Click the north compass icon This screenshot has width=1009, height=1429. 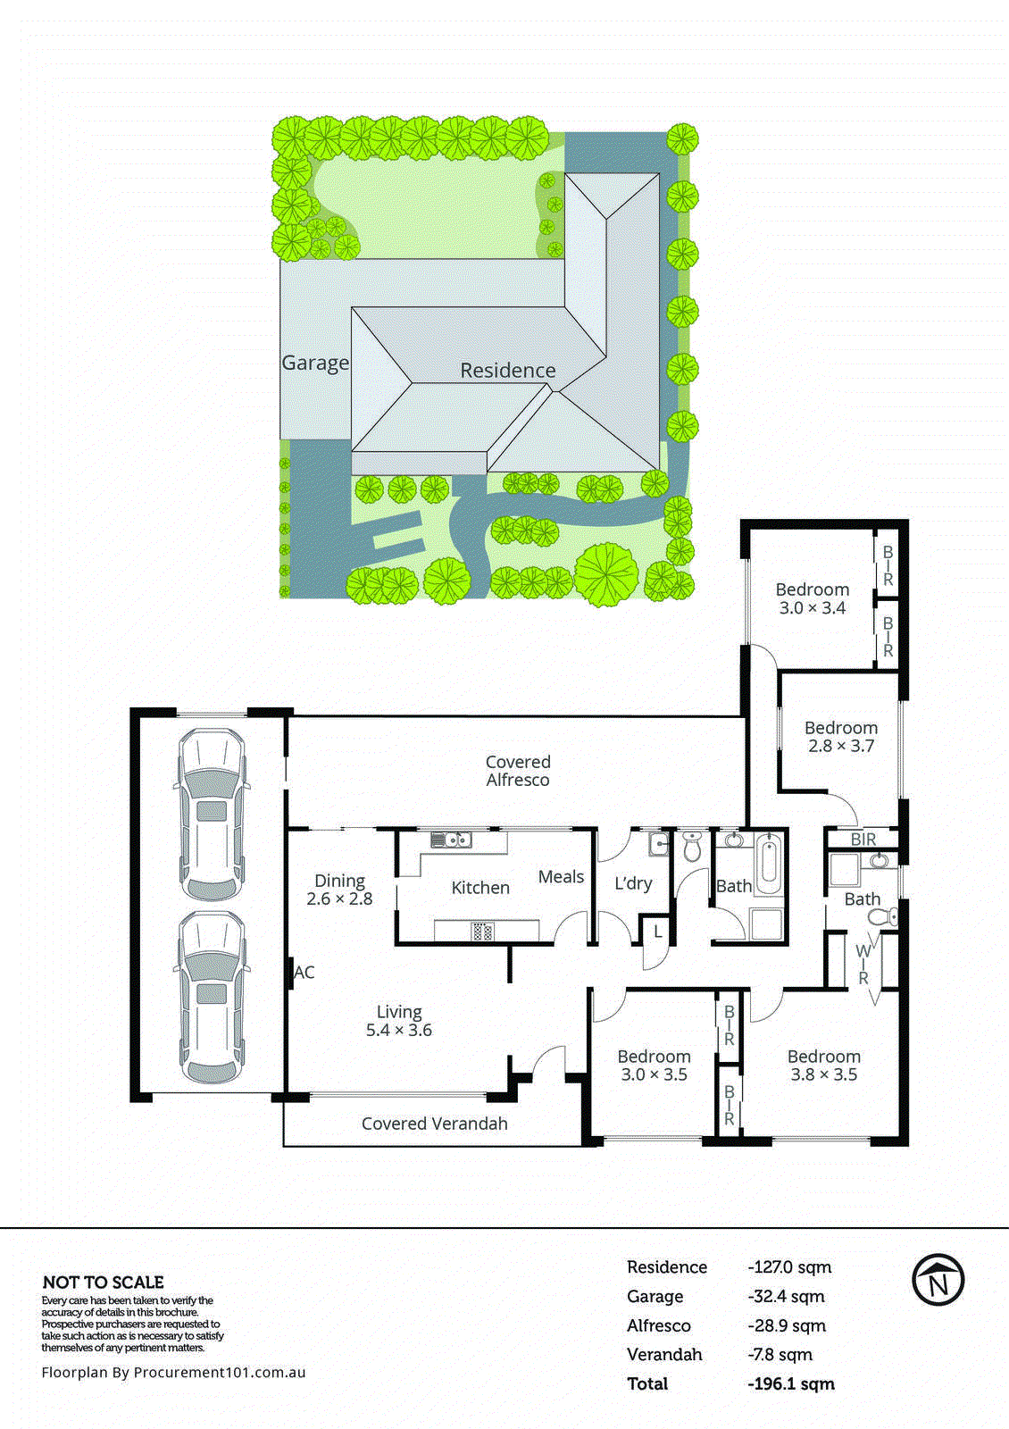[938, 1280]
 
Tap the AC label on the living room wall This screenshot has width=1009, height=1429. [304, 973]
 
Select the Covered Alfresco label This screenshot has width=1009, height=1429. [518, 771]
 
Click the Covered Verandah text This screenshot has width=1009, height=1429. [434, 1124]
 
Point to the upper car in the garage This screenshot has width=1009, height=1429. [212, 815]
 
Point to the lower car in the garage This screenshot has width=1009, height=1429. [212, 997]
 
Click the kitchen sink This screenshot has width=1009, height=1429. [451, 840]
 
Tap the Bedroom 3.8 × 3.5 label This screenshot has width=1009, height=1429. [823, 1065]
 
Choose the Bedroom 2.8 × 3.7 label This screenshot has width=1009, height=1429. [840, 737]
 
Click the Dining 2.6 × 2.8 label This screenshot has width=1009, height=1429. [339, 890]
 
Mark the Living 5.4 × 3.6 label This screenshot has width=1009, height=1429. [398, 1021]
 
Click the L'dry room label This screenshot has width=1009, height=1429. [633, 883]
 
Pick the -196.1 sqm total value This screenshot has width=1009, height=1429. [791, 1383]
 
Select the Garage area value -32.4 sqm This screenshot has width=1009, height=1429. [786, 1296]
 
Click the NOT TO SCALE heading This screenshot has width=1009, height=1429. [104, 1282]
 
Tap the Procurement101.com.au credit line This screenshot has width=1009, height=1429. [173, 1372]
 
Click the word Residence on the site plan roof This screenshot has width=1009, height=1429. [507, 370]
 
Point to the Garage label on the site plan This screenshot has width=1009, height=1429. [315, 363]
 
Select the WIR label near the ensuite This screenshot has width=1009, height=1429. [863, 965]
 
